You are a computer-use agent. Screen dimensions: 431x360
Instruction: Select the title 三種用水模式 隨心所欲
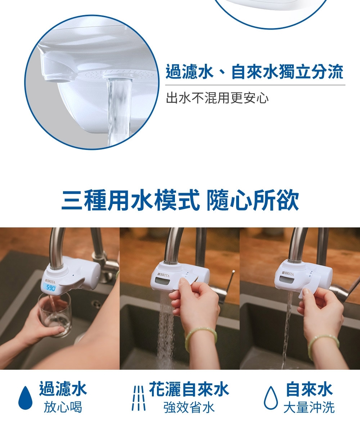pos(180,201)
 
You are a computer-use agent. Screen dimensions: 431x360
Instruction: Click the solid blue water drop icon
pos(25,398)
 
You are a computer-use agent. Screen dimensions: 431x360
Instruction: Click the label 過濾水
pos(63,390)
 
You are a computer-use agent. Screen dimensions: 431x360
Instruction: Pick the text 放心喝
pos(63,407)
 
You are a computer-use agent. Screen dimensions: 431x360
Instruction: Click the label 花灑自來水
pos(189,390)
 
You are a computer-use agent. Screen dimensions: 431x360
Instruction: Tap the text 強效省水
pos(189,408)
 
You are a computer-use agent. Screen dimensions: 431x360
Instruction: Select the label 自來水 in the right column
pos(309,390)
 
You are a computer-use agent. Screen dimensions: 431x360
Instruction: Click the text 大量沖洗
pos(309,408)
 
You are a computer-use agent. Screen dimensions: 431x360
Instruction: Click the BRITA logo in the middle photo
pos(163,275)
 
